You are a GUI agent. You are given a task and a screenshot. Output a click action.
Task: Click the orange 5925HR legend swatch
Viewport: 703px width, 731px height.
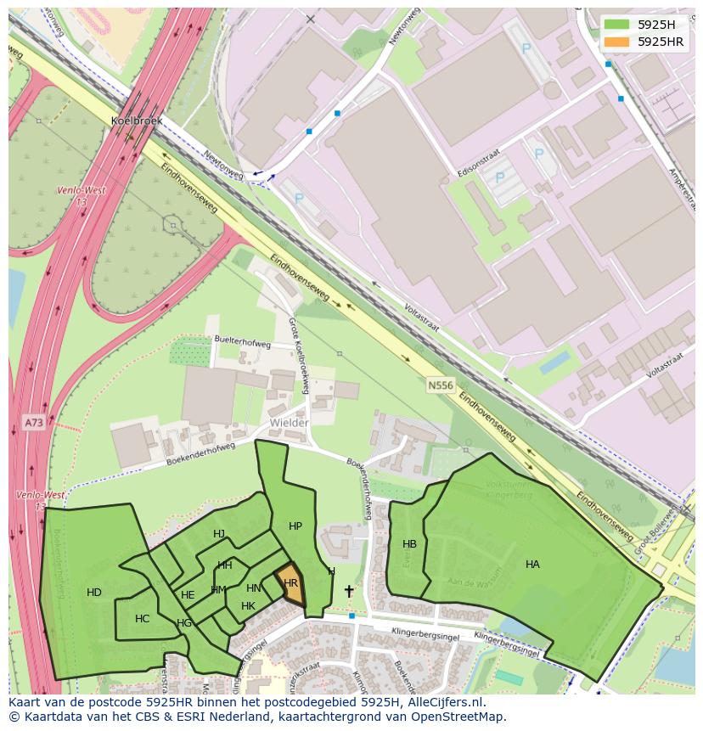click(617, 42)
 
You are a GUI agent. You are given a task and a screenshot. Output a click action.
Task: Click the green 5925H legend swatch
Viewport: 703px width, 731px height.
click(617, 25)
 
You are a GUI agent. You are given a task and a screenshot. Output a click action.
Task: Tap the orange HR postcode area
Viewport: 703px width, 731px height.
click(290, 583)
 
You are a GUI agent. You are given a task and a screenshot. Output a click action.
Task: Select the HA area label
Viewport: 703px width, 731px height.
click(532, 565)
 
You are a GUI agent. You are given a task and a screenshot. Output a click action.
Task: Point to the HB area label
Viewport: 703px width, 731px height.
click(409, 544)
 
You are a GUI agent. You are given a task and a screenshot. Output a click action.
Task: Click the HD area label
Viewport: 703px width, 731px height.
click(94, 593)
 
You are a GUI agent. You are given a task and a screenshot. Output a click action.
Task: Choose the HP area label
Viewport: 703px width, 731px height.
click(295, 526)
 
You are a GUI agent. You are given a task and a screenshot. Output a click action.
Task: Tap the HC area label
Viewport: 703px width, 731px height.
click(142, 619)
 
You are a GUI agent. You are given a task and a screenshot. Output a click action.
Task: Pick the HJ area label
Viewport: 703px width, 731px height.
click(219, 534)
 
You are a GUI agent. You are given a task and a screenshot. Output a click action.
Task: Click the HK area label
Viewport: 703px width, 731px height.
click(248, 606)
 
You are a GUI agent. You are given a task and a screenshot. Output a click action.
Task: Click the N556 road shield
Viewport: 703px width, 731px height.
click(440, 385)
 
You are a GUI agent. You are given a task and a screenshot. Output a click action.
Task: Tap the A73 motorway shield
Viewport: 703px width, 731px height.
click(33, 422)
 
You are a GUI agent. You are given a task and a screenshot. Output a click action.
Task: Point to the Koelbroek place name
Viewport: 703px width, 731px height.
click(136, 121)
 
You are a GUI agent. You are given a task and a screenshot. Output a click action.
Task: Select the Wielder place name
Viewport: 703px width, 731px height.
click(289, 422)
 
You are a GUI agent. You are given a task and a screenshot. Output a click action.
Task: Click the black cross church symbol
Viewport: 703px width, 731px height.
click(348, 590)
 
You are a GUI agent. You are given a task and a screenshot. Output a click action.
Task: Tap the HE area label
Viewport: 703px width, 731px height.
click(188, 595)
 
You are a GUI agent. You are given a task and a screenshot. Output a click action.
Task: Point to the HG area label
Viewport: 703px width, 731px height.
click(184, 623)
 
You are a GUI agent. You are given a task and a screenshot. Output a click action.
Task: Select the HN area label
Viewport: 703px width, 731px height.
click(253, 588)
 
